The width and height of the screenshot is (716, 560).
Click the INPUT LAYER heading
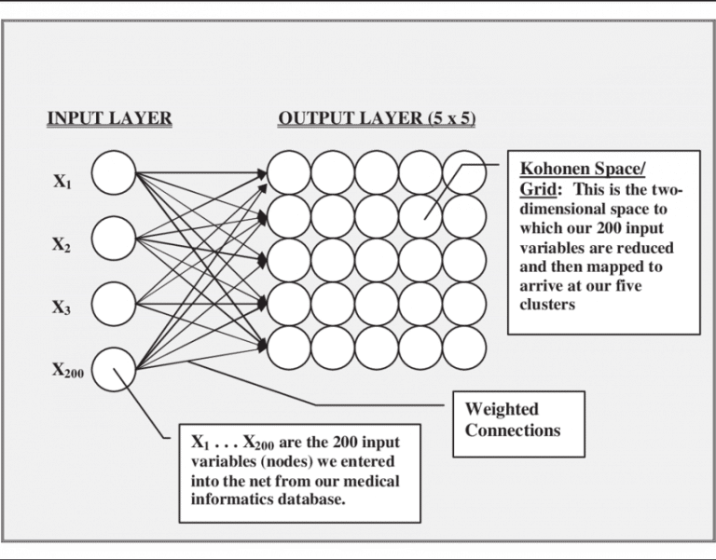pyautogui.click(x=109, y=119)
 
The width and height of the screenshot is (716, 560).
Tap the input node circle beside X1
pyautogui.click(x=115, y=172)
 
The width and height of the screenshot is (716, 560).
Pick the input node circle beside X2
pyautogui.click(x=115, y=238)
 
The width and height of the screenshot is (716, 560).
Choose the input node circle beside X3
pyautogui.click(x=115, y=302)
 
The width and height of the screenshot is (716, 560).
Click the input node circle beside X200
pyautogui.click(x=115, y=368)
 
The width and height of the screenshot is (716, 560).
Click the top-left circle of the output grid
pyautogui.click(x=288, y=172)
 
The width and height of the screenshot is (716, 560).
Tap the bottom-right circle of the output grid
pyautogui.click(x=464, y=346)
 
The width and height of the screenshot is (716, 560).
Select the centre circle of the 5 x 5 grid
pyautogui.click(x=377, y=259)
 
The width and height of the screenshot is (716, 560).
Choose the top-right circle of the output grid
pyautogui.click(x=464, y=172)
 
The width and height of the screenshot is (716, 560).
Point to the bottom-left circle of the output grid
pyautogui.click(x=288, y=346)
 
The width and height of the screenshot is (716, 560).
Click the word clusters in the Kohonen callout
pyautogui.click(x=549, y=304)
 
